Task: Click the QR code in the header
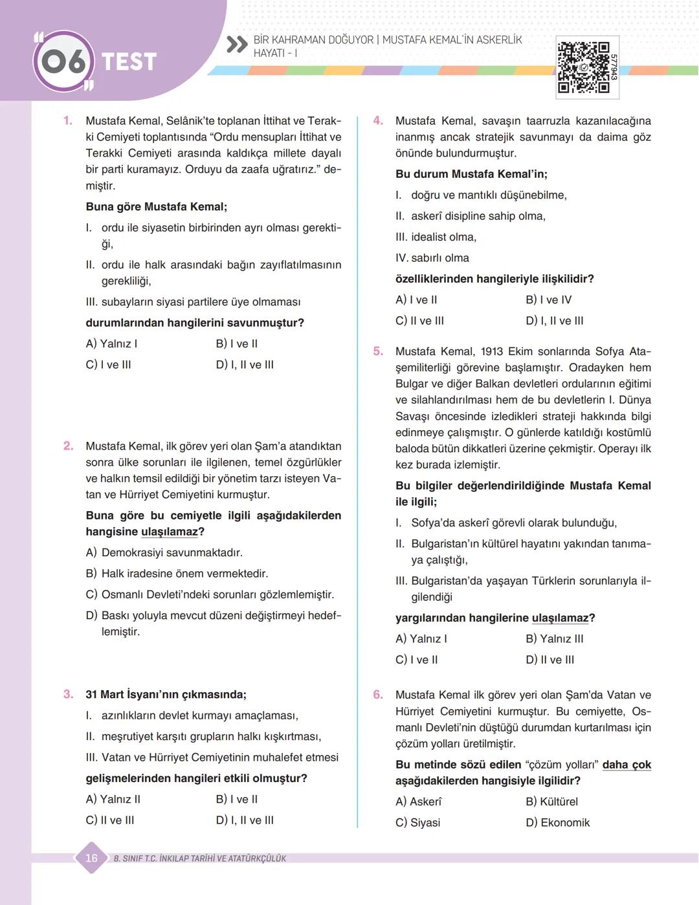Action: point(583,67)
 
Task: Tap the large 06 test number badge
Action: point(63,61)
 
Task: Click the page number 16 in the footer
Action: point(91,858)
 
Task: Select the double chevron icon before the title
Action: point(237,45)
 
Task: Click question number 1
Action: point(67,120)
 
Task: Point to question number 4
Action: point(378,120)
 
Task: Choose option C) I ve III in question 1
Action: point(109,365)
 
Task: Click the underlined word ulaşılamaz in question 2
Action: point(169,532)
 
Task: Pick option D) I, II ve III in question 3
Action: point(245,820)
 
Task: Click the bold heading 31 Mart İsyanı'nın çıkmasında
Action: point(166,695)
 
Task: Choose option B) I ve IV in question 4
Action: point(549,300)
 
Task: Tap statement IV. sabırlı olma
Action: point(432,258)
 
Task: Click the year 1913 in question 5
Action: point(495,351)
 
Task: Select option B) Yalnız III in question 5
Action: point(555,639)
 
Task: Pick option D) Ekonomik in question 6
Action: point(558,823)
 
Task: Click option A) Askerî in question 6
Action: point(419,801)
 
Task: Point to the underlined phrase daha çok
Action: point(627,765)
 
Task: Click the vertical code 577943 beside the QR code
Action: point(613,67)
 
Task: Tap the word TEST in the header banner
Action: point(129,62)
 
